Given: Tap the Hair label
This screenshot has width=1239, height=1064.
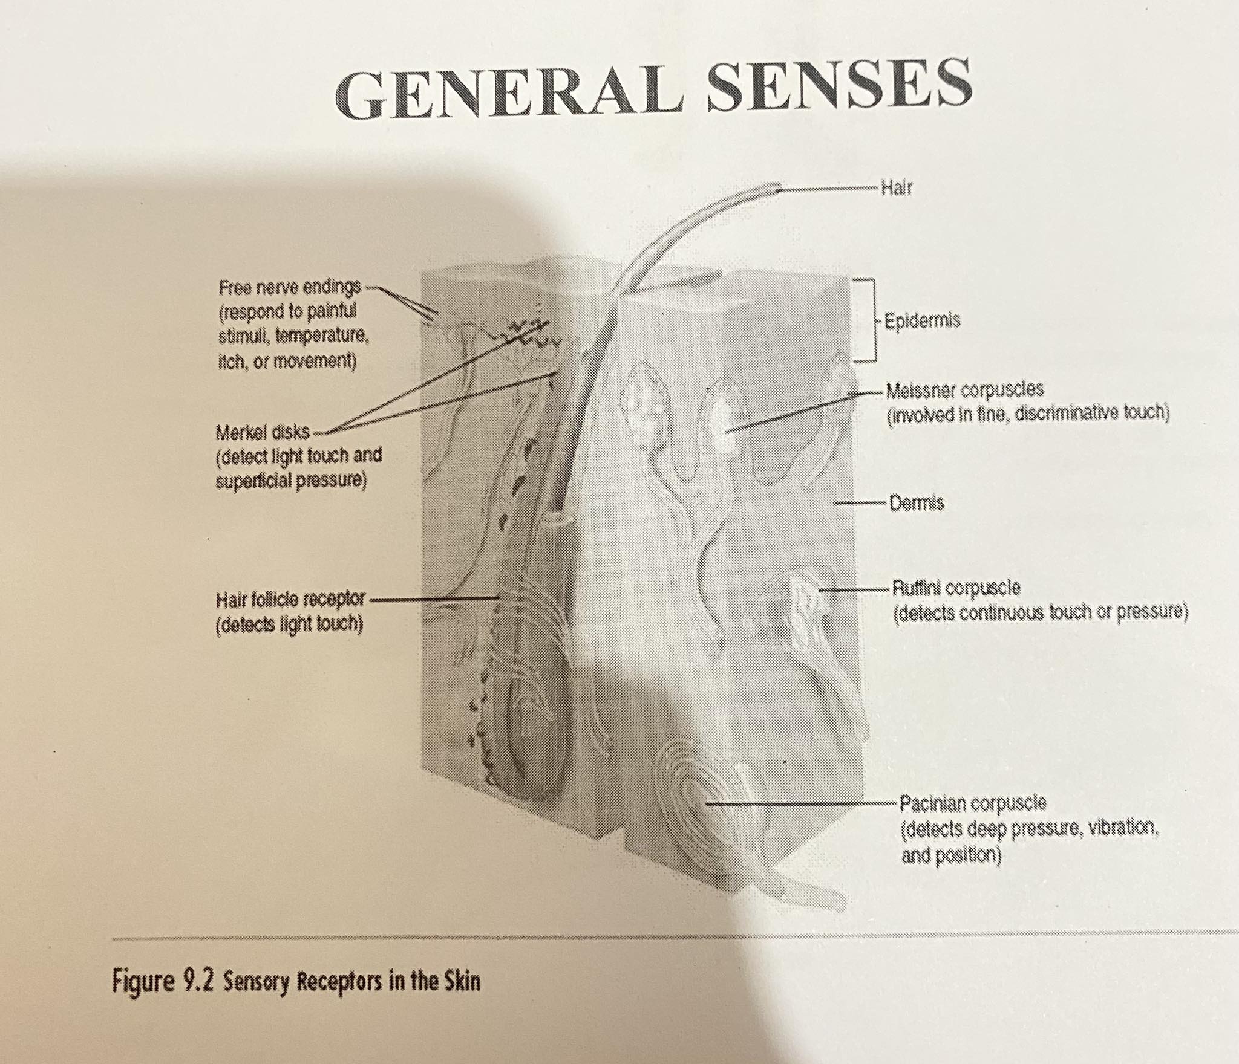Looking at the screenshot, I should tap(896, 188).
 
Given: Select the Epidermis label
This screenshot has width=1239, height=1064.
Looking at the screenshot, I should tap(922, 320).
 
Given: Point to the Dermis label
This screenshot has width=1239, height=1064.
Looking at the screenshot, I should tap(917, 502).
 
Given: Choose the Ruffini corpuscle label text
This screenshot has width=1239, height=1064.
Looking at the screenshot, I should tap(956, 588).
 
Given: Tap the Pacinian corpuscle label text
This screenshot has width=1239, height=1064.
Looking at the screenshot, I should tap(973, 803).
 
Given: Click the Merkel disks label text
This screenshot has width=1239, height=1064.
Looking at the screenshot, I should tap(263, 432).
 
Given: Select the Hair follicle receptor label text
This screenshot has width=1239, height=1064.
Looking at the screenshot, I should tap(290, 600).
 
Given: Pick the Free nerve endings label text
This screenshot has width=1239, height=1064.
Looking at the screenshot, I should tap(289, 287).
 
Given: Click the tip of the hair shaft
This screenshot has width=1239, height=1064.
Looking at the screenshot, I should tap(777, 189).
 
